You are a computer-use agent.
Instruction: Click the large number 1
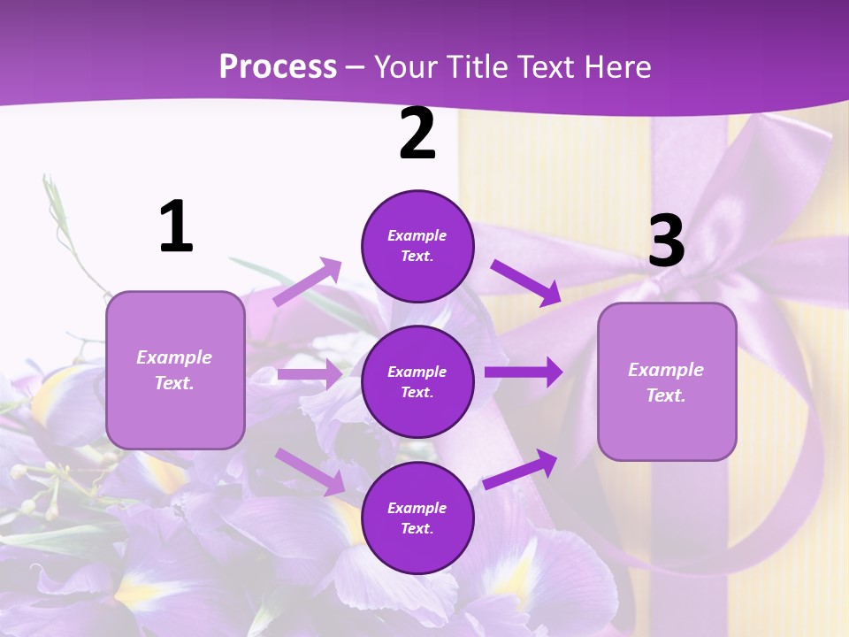[x=176, y=227]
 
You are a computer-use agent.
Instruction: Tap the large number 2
[x=417, y=134]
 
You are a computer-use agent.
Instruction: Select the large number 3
[x=666, y=241]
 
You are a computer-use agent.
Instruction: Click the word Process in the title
[x=278, y=66]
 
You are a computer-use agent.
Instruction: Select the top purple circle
[x=417, y=246]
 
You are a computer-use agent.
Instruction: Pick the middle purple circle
[x=417, y=381]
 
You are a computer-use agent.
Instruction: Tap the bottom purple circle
[x=417, y=518]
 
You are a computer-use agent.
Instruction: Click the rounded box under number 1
[x=175, y=370]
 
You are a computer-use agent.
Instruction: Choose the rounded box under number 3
[x=667, y=382]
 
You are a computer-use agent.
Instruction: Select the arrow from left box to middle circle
[x=310, y=374]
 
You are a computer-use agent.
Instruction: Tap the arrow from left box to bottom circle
[x=310, y=471]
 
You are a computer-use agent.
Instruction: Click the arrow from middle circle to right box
[x=524, y=372]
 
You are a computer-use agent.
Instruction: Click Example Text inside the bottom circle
[x=417, y=518]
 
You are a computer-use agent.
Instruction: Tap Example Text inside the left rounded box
[x=175, y=370]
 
